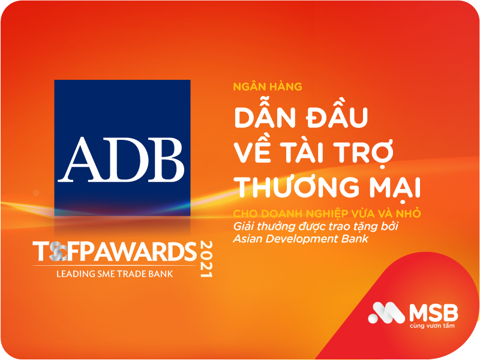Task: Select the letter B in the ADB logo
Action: pyautogui.click(x=163, y=155)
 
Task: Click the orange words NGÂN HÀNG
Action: pyautogui.click(x=268, y=86)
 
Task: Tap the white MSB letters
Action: pyautogui.click(x=433, y=312)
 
